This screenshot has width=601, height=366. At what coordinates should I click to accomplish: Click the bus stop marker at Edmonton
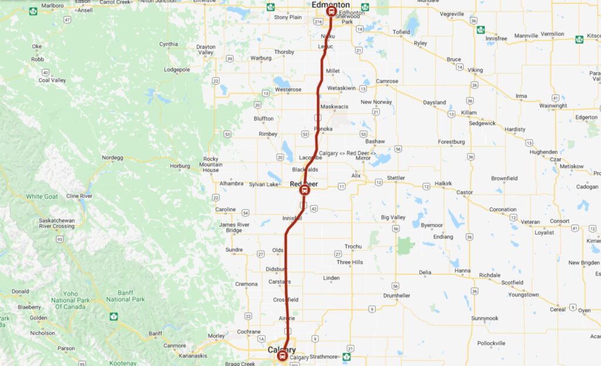coord(331,11)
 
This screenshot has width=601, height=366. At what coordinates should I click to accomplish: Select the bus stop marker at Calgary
coord(282,356)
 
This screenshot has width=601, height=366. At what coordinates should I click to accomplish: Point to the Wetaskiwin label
coord(342,88)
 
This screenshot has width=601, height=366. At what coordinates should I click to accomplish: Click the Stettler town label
coord(396,178)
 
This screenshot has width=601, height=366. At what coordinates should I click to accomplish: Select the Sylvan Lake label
coord(264,184)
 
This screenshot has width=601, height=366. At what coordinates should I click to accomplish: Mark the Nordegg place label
coord(112,157)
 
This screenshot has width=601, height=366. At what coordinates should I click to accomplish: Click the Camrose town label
coord(387,81)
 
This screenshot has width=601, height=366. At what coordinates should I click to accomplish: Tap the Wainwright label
coord(553,106)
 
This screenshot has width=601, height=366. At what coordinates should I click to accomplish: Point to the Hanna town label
coord(462,271)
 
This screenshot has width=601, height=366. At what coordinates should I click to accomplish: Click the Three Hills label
coord(351,262)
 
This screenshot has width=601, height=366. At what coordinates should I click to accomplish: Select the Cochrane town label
coord(249,332)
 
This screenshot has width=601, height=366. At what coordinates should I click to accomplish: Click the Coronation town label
coord(503,209)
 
